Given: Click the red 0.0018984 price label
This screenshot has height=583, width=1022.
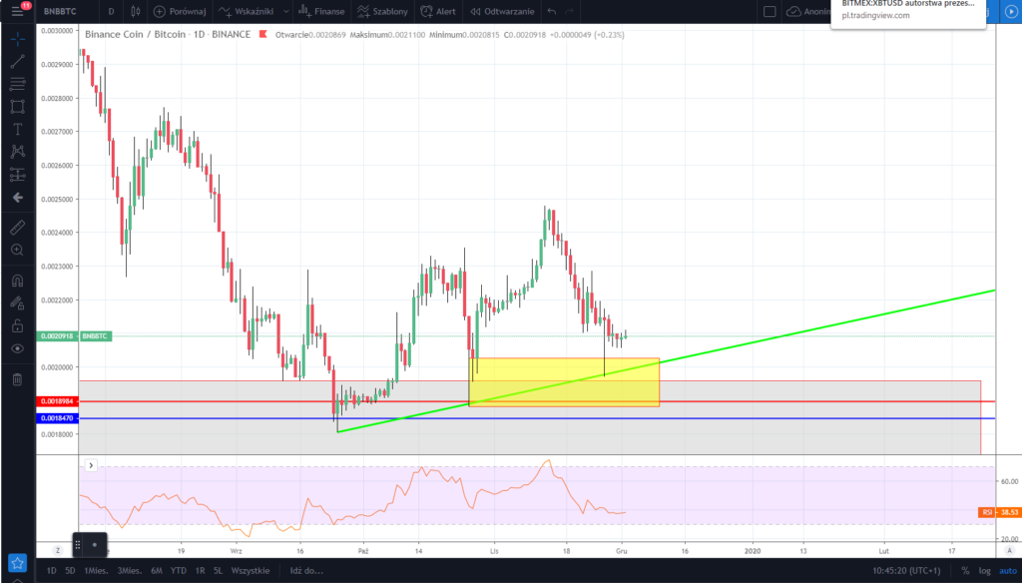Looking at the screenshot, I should tap(58, 401).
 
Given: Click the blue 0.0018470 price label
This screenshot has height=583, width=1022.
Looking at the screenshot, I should tap(58, 418).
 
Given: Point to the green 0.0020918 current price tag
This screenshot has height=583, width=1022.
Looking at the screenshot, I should tap(57, 336).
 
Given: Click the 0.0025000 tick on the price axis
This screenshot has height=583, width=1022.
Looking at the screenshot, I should tap(57, 199).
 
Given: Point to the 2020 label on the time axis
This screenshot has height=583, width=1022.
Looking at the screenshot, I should tap(753, 550).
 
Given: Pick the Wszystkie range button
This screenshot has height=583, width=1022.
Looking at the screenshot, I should tap(249, 570).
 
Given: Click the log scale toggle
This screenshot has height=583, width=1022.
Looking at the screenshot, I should tap(983, 570).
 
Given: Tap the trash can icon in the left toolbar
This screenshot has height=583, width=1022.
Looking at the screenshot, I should tap(17, 379).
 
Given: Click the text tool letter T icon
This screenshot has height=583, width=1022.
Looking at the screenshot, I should tap(17, 129).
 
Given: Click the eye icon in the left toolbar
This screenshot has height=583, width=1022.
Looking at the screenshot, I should tap(17, 348).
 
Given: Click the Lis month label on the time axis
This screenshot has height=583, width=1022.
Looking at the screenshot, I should tap(494, 550).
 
